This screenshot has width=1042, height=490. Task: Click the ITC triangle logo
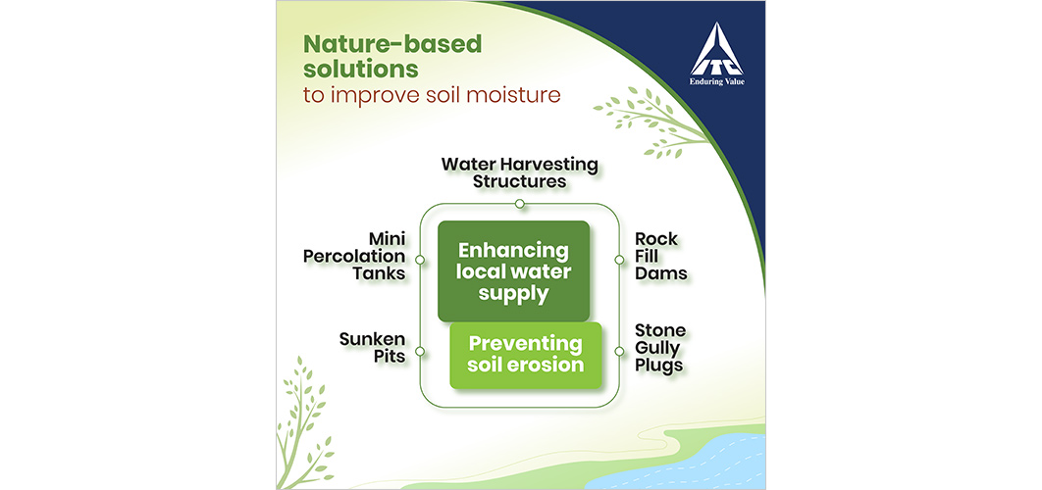click(716, 49)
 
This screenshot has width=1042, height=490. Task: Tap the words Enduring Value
click(716, 82)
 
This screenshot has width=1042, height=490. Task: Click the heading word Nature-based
click(392, 44)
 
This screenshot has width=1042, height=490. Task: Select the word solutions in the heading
click(361, 69)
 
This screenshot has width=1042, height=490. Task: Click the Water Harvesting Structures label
click(520, 171)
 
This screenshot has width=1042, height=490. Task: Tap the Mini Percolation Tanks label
click(355, 257)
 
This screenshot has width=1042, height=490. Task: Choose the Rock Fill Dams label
click(660, 257)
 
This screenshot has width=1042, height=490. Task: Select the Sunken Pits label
click(372, 347)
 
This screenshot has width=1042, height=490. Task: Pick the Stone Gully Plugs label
click(659, 347)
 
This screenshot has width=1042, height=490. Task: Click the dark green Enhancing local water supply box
click(514, 271)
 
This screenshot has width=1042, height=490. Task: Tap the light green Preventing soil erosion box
click(526, 355)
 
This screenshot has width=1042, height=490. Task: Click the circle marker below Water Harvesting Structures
click(520, 203)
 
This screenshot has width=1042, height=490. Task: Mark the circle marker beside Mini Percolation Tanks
click(419, 260)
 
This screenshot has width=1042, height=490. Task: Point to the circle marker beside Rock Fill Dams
click(620, 260)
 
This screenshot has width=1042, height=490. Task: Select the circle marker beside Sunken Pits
click(419, 351)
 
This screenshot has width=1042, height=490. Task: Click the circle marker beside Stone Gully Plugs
click(620, 351)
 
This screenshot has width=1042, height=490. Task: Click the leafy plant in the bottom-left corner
click(302, 425)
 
